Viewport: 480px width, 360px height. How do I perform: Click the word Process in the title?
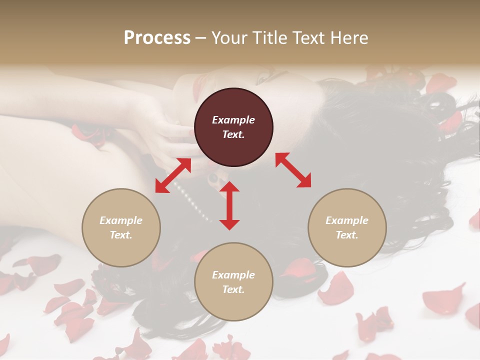[x=157, y=38]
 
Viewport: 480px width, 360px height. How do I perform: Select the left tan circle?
[x=121, y=227]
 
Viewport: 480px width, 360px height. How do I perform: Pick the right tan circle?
[x=347, y=227]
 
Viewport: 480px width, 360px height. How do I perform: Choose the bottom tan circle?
[x=233, y=282]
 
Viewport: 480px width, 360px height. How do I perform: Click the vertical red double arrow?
[x=229, y=205]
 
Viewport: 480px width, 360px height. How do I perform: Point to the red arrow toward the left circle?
[x=173, y=175]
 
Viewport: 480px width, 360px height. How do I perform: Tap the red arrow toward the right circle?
[x=293, y=170]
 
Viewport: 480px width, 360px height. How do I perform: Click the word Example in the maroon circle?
[x=233, y=120]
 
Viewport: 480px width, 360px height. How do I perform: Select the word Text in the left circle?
[x=121, y=235]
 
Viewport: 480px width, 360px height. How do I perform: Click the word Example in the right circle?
[x=347, y=220]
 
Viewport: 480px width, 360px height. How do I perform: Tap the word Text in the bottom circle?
[x=233, y=289]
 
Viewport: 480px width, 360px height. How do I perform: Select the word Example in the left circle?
[x=121, y=220]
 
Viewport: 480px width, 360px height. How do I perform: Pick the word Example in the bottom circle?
[x=233, y=275]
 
